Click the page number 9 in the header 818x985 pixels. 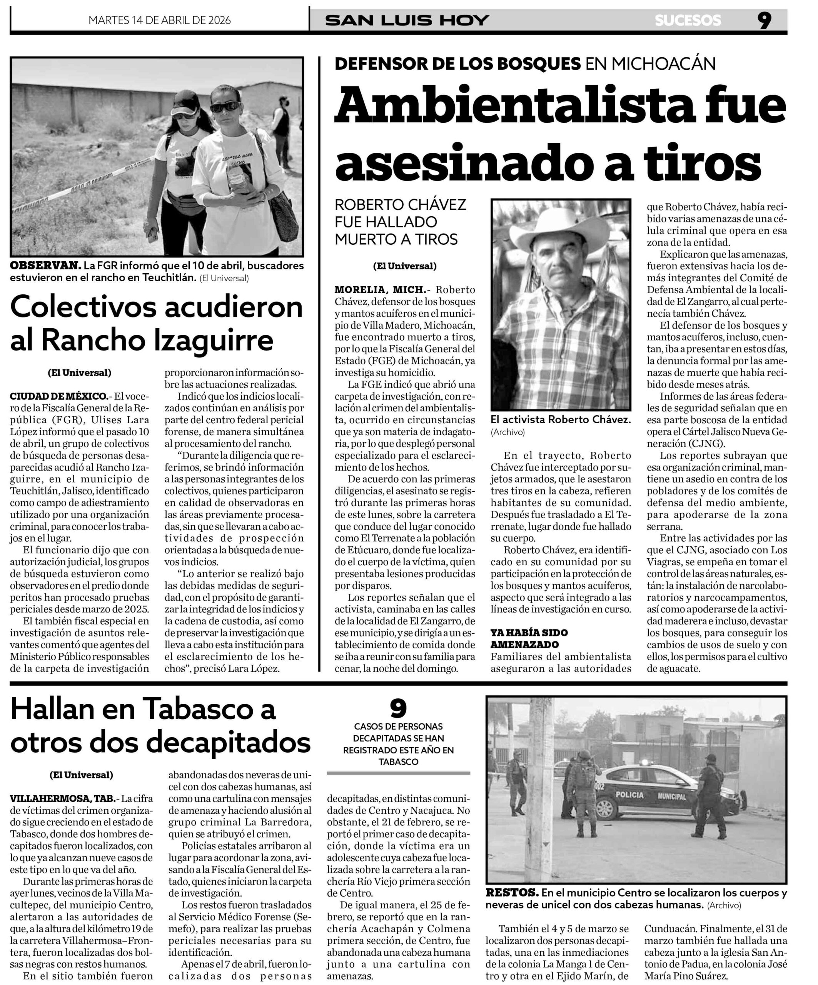[x=764, y=21]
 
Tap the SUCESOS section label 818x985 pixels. [x=688, y=21]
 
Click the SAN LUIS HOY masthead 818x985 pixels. [x=407, y=21]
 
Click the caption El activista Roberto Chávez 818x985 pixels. [x=561, y=419]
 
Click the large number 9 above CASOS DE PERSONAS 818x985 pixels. [x=398, y=709]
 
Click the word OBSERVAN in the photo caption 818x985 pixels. [x=45, y=265]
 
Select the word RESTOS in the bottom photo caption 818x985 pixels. [x=511, y=893]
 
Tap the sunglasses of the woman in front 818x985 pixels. [x=224, y=107]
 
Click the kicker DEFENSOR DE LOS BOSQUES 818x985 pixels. [x=458, y=63]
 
